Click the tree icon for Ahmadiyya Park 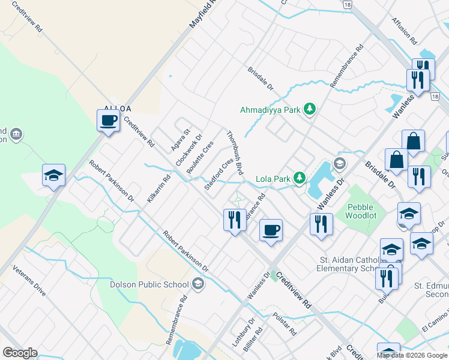310,109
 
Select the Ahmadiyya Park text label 269,110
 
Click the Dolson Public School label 149,284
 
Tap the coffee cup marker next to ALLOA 108,120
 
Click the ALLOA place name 117,109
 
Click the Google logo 20,352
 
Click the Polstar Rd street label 285,323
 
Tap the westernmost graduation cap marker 53,176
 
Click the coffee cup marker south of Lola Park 271,230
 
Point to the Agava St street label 179,140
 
